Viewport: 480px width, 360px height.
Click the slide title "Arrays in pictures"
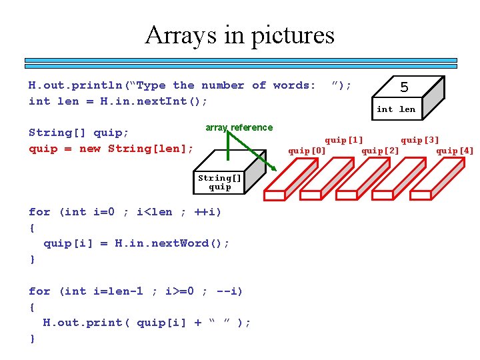pos(239,35)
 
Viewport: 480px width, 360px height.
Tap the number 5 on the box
pos(404,87)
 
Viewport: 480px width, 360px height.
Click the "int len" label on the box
pos(395,109)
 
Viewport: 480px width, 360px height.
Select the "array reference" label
pos(239,127)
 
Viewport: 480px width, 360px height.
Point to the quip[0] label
pos(307,150)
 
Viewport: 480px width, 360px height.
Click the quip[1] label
pos(343,140)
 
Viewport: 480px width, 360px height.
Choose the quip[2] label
pos(380,150)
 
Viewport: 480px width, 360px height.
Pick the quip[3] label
pos(419,140)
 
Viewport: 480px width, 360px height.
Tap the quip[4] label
pos(455,150)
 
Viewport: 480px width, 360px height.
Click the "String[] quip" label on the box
pos(219,182)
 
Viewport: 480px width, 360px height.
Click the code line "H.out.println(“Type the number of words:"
pos(172,85)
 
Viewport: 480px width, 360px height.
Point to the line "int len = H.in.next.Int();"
pos(118,101)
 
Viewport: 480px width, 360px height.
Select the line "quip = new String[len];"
pos(111,148)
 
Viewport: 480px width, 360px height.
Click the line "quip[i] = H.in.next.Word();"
pos(136,243)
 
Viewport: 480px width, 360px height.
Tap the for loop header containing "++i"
pos(125,211)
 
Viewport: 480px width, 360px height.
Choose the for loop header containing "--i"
pos(135,291)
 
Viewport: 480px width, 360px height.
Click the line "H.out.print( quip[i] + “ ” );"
pos(147,322)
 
